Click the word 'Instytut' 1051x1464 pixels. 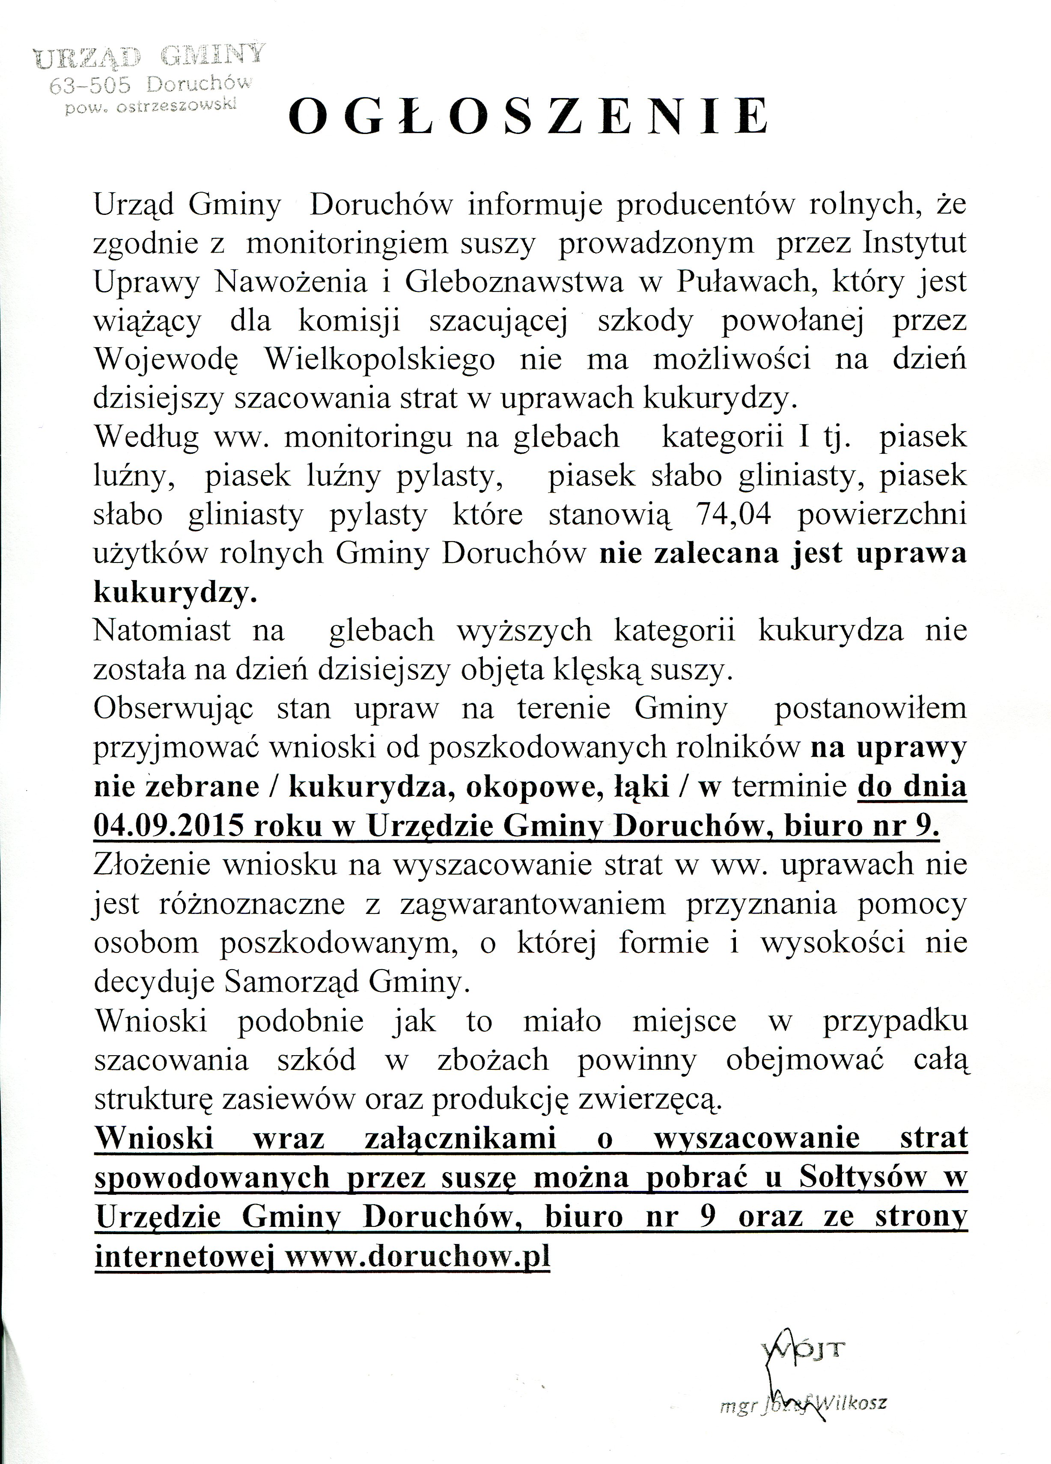tap(915, 243)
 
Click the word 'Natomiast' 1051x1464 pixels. tap(163, 631)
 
